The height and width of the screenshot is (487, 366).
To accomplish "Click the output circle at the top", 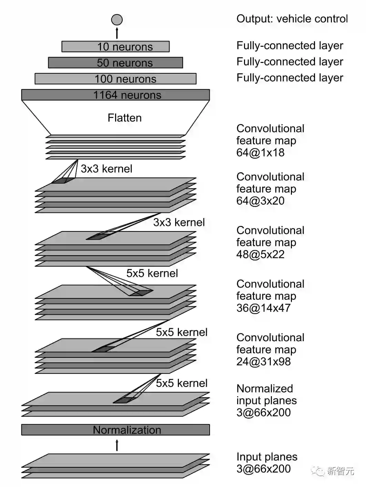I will (x=117, y=20).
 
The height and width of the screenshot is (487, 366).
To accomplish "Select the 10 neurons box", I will (x=115, y=46).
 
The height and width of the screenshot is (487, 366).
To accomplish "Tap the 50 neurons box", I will (x=115, y=63).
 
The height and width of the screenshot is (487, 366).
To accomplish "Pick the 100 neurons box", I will (x=115, y=79).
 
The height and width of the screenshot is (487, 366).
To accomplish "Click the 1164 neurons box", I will (x=115, y=95).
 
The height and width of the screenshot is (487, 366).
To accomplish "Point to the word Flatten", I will (x=124, y=118).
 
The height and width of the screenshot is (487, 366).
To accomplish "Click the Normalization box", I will (x=115, y=430).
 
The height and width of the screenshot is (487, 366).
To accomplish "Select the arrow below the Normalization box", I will (x=117, y=445).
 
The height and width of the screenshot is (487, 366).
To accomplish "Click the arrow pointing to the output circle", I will (x=117, y=33).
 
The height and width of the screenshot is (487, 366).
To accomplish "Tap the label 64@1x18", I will (x=261, y=153).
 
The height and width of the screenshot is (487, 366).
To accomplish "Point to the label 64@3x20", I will (x=261, y=201).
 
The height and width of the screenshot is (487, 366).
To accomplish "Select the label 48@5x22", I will (x=261, y=255).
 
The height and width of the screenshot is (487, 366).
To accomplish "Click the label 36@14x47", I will (x=263, y=308).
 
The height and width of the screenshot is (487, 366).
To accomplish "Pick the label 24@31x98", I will (x=263, y=362).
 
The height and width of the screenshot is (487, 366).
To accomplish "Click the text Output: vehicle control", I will (x=292, y=19).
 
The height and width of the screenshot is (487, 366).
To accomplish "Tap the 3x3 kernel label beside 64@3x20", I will (x=179, y=223).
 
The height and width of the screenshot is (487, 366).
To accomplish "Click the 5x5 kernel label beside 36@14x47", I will (x=182, y=332).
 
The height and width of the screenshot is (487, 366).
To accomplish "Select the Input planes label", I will (x=267, y=457).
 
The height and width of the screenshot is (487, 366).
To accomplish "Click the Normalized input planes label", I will (x=266, y=394).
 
